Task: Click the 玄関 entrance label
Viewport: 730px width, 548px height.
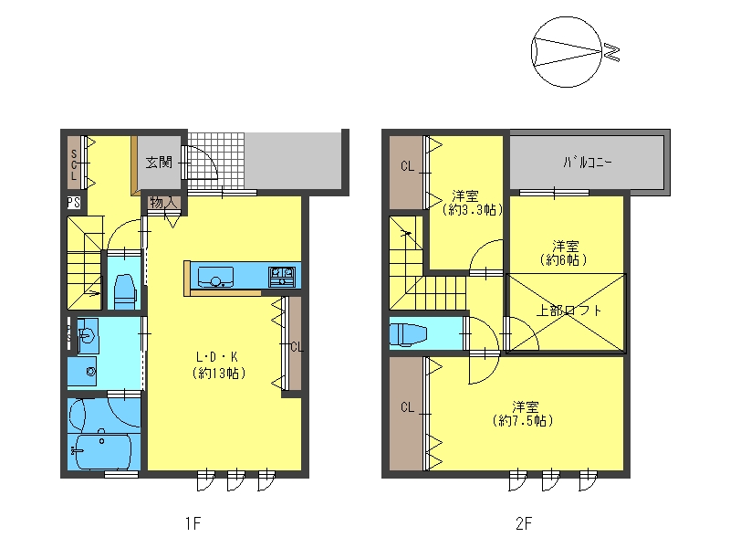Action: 159,163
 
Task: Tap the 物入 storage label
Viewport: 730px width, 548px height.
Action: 164,202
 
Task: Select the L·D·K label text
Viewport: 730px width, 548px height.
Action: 217,357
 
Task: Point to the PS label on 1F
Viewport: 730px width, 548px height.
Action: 74,203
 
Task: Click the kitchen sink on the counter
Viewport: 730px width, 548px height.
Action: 215,277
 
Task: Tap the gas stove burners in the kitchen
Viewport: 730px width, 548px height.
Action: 282,277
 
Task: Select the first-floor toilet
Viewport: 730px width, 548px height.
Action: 124,291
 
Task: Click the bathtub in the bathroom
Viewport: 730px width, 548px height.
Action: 103,451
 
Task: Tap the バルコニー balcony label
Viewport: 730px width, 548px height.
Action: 587,163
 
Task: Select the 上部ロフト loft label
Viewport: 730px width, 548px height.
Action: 568,311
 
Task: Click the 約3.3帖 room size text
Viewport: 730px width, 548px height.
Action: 473,210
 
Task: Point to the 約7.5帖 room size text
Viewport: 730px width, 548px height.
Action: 523,421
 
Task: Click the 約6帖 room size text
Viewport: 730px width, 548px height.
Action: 563,259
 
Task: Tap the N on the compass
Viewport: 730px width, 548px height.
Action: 611,52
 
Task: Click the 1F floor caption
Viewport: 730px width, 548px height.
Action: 193,523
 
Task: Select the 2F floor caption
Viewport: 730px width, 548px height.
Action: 523,523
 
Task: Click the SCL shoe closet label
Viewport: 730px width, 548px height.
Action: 74,165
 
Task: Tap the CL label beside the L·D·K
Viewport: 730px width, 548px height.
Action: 297,347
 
